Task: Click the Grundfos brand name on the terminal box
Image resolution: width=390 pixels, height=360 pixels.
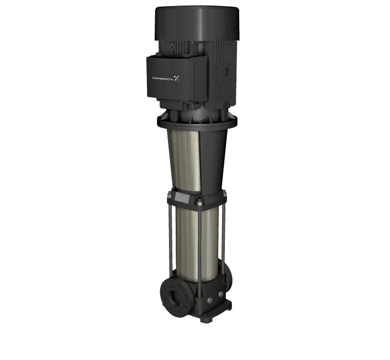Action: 162,79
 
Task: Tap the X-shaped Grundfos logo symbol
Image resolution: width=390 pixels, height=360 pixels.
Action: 176,78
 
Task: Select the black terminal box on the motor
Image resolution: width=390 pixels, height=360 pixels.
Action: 177,77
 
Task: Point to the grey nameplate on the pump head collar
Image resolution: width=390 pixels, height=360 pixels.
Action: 182,197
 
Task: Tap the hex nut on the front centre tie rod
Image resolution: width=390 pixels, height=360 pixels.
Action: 199,202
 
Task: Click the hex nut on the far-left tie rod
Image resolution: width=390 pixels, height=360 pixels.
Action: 170,193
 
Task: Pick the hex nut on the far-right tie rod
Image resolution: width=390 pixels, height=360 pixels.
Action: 224,192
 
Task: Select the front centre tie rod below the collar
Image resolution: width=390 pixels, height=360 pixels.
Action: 199,251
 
